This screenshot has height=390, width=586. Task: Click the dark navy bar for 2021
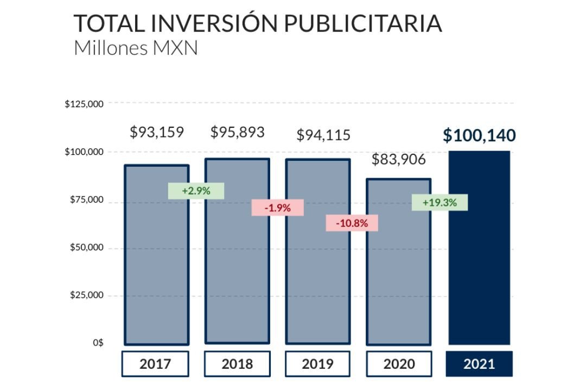pos(480,249)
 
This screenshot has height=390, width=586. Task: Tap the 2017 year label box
pos(155,363)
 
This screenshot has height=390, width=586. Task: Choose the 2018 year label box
pos(237,363)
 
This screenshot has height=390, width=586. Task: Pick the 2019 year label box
pos(317,363)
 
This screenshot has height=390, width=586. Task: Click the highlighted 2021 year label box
pos(479,363)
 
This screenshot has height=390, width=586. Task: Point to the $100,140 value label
pos(479,135)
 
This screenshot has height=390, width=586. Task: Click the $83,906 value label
pos(399,160)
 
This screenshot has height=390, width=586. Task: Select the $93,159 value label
pos(157,132)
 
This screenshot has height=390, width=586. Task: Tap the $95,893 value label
pos(238,132)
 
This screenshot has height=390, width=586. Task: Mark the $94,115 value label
pos(323,135)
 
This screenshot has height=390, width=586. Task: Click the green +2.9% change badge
pos(196,191)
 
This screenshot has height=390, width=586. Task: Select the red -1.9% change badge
pos(277,207)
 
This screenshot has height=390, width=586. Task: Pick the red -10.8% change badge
pos(352,223)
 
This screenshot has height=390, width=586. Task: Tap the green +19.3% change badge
pos(439,203)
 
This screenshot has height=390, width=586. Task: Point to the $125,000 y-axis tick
pos(84,104)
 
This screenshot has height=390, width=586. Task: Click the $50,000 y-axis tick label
pos(87,248)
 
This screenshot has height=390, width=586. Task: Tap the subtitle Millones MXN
pos(136,48)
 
